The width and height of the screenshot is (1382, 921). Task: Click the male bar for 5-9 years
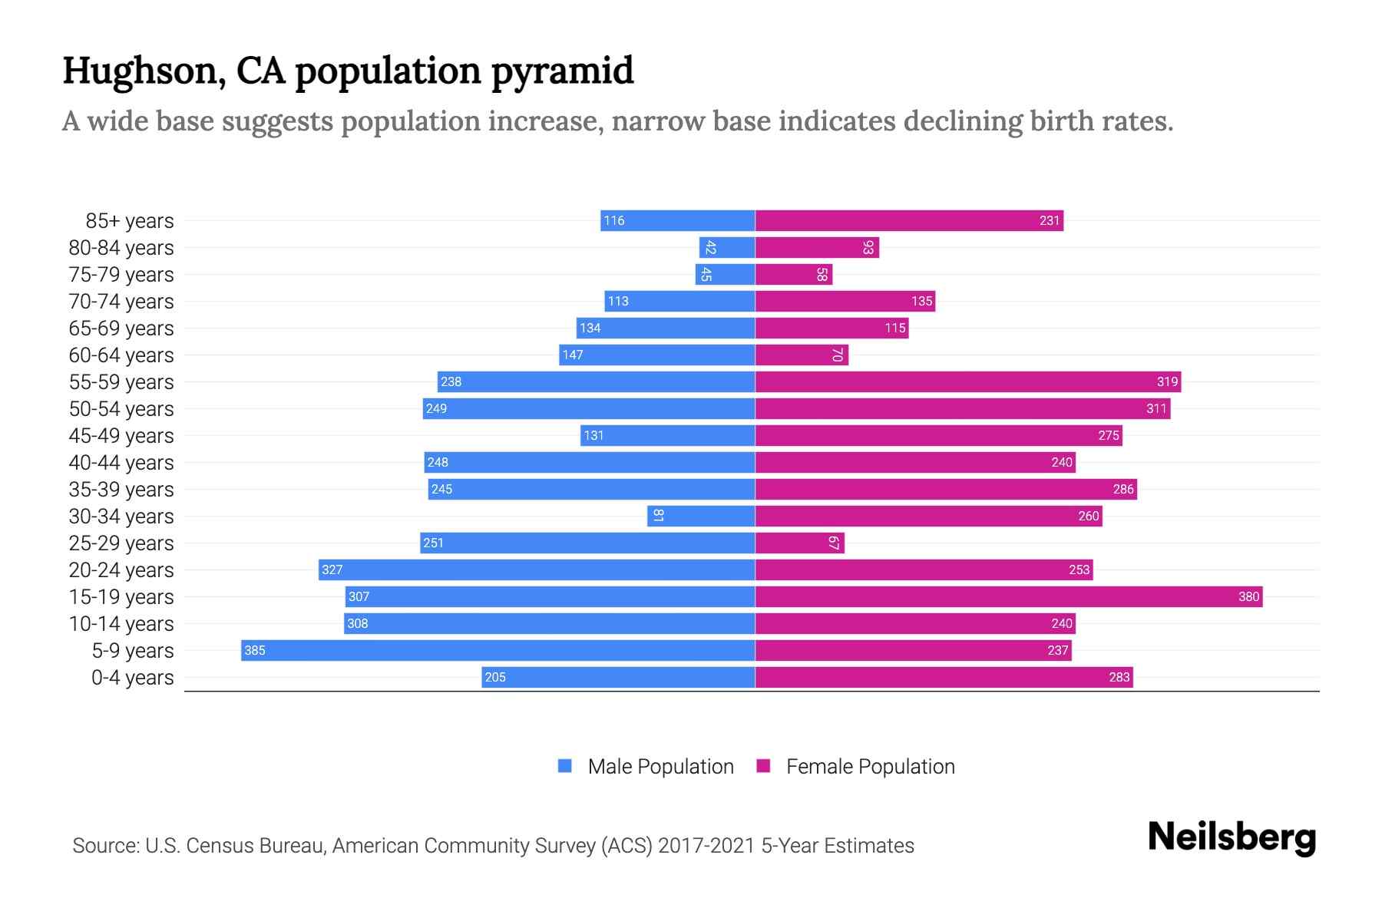[x=498, y=650]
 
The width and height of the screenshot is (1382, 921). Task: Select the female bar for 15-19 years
[x=1008, y=596]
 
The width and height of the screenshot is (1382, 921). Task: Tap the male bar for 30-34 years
[x=701, y=516]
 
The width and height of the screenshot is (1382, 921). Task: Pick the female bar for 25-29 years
[x=799, y=543]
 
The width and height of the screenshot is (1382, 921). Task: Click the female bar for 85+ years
[x=909, y=220]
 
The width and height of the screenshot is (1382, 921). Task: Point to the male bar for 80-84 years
[x=727, y=247]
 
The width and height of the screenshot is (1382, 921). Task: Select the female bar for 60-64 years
[x=802, y=355]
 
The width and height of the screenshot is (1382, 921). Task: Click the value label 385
[x=254, y=651]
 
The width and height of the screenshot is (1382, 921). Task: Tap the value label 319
[x=1167, y=381]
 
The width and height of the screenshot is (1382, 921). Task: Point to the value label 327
[x=332, y=569]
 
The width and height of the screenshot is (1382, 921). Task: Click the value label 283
[x=1119, y=677]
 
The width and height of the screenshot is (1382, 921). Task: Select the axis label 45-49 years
[x=121, y=436]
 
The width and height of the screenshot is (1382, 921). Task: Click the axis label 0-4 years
[x=132, y=678]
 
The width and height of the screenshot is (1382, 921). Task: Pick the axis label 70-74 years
[x=121, y=302]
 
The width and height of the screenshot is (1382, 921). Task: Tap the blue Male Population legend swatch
[x=565, y=766]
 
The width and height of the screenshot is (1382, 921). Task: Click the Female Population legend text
[x=870, y=767]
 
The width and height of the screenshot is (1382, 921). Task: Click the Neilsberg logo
[x=1232, y=837]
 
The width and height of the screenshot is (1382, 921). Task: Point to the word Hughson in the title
[x=143, y=71]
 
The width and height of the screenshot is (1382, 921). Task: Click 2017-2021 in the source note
[x=706, y=846]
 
